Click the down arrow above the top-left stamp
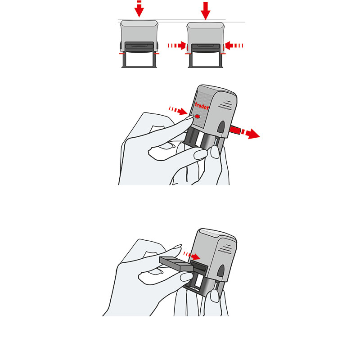139,9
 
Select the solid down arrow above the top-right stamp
206,10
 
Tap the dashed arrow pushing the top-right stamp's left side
177,45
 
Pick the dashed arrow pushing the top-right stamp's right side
234,45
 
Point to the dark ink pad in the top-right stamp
206,48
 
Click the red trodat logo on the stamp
202,106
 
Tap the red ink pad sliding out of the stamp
235,130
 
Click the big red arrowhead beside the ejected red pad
253,134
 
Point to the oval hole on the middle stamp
221,127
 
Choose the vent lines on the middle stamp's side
225,105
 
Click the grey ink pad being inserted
176,264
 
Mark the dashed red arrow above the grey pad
192,255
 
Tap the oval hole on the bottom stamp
221,271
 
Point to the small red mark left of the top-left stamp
122,54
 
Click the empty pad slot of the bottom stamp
199,267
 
